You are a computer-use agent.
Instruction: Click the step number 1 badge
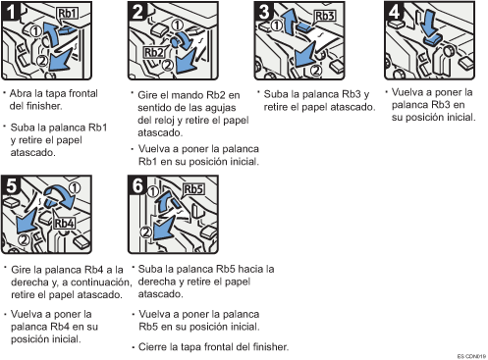(11, 11)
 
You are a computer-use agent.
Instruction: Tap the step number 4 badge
(394, 11)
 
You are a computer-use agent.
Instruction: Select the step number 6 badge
(137, 185)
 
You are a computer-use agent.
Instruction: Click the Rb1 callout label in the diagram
(67, 14)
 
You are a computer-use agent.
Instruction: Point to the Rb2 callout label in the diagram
(153, 53)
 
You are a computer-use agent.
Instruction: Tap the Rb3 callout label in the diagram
(325, 16)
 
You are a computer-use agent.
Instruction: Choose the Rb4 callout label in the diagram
(65, 224)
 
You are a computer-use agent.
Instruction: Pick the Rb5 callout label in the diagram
(193, 189)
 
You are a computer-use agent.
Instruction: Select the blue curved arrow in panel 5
(62, 196)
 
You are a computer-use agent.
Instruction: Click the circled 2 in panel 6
(145, 232)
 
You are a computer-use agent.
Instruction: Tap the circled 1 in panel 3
(277, 25)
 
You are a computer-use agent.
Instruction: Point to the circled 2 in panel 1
(42, 61)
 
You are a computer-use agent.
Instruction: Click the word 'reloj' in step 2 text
(164, 121)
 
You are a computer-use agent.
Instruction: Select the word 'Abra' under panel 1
(21, 93)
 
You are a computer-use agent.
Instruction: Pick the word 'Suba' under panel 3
(276, 94)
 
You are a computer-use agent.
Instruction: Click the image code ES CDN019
(471, 356)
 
